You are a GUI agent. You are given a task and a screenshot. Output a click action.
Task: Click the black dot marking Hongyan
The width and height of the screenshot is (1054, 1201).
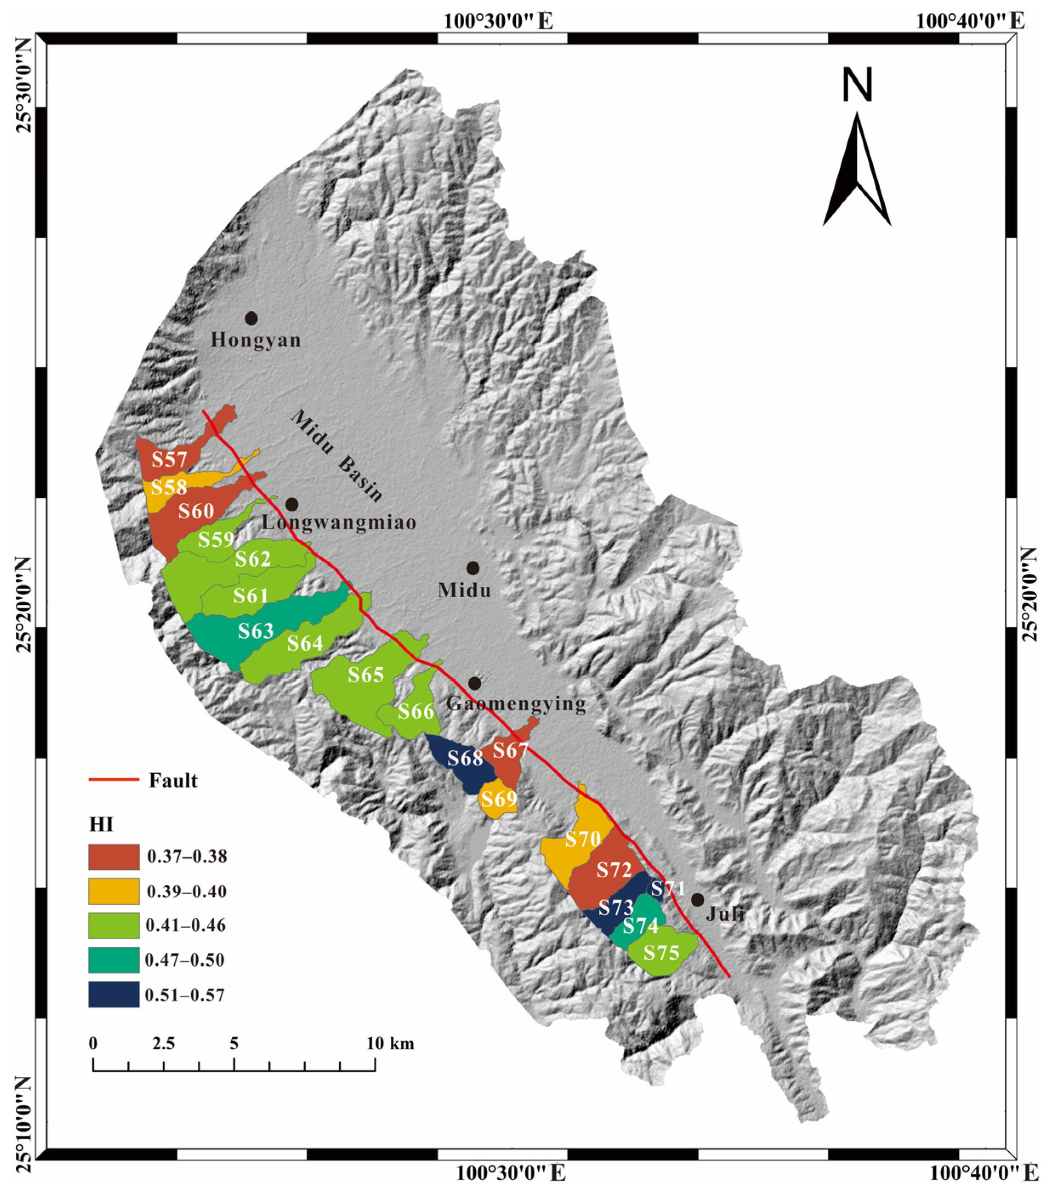point(251,318)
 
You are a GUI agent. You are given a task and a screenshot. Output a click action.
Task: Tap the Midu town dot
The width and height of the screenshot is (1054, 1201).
point(473,568)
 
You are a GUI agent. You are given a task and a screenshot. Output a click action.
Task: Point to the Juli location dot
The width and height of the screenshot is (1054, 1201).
point(697,900)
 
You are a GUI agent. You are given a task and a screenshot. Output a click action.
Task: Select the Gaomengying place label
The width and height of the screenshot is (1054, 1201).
point(516,703)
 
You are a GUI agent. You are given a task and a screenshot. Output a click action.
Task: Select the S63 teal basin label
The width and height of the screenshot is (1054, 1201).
point(256,631)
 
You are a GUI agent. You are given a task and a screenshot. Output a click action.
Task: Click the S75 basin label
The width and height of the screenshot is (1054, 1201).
point(661,952)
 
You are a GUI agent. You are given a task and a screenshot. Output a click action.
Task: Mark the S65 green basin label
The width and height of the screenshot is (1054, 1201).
point(365,675)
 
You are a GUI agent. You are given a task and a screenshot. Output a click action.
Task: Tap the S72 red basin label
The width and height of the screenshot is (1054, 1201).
point(614,869)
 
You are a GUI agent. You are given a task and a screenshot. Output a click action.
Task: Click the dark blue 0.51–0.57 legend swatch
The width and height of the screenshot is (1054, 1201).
point(114,995)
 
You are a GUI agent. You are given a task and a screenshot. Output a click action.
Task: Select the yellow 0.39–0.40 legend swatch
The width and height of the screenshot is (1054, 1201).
point(114,892)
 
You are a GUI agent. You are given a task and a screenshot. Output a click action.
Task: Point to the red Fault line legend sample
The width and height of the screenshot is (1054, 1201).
point(114,780)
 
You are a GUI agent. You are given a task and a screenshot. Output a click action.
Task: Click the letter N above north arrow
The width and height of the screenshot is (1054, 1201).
point(857,85)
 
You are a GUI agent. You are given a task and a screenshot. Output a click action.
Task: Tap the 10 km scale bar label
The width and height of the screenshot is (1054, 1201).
point(391,1044)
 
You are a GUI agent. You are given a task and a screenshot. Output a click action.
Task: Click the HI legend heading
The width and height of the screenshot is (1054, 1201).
point(101,825)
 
